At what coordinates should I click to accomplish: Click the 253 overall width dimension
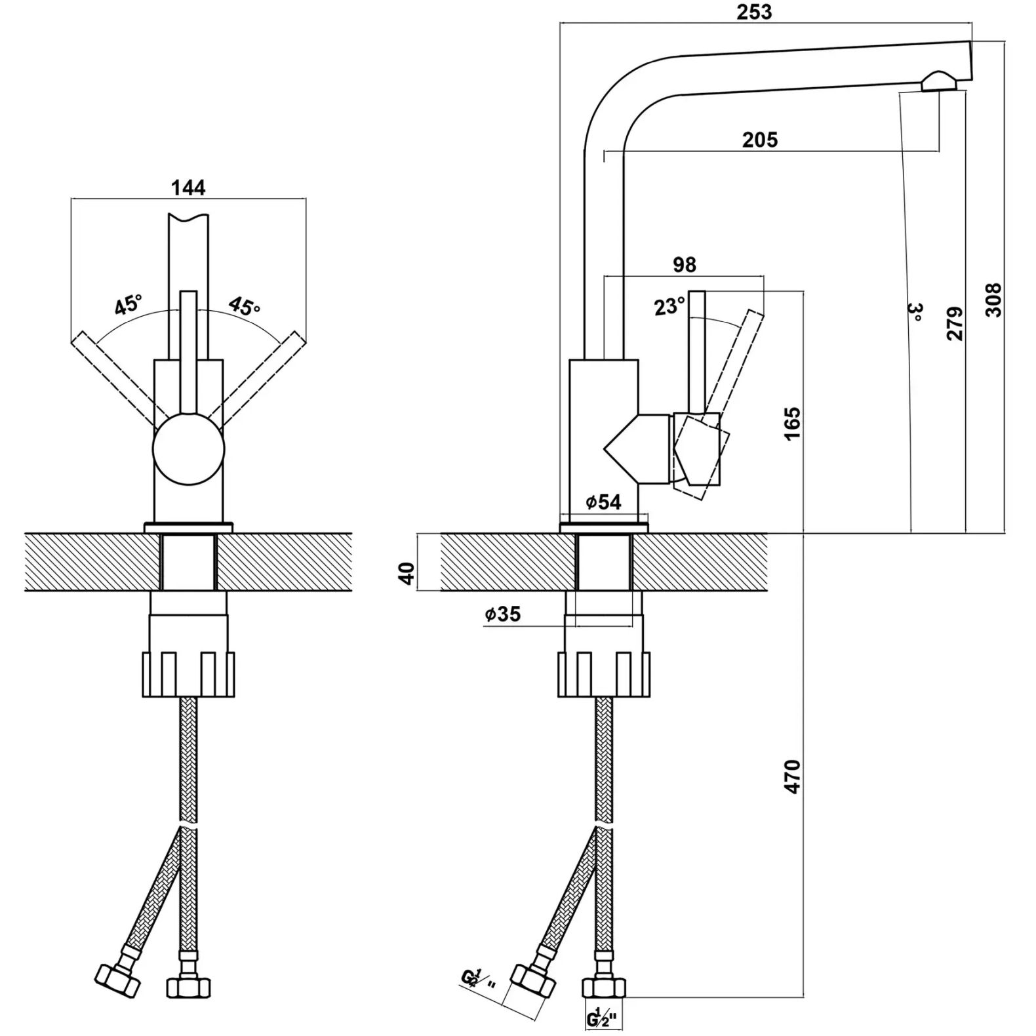pos(754,12)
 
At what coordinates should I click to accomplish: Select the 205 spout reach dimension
pos(760,140)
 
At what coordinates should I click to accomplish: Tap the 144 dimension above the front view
pos(188,188)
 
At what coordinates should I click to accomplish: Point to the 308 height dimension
pos(994,300)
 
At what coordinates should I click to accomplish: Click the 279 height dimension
pos(956,323)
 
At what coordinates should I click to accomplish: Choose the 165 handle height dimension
pos(792,424)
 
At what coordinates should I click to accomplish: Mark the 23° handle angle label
pos(669,306)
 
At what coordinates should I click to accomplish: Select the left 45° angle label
pos(128,306)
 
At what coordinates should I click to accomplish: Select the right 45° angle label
pos(244,306)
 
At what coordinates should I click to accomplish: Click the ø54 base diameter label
pos(603,502)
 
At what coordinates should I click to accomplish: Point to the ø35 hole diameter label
pos(503,614)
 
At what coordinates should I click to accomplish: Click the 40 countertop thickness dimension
pos(407,573)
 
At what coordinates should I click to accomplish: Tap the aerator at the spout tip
pos(938,82)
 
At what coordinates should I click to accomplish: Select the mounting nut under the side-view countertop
pos(603,674)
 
